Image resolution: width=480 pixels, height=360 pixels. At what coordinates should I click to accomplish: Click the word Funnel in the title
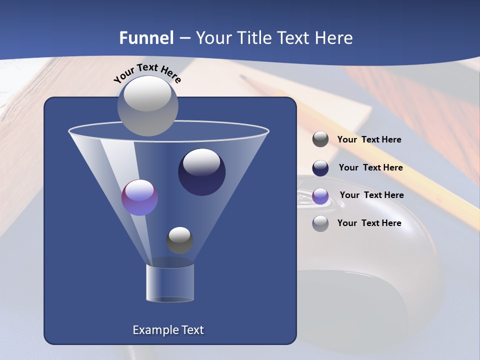click(146, 38)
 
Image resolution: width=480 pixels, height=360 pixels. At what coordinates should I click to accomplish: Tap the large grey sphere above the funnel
click(147, 105)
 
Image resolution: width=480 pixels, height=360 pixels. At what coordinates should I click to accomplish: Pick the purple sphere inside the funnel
click(139, 198)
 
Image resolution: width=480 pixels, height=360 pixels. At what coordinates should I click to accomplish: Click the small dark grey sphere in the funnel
click(179, 240)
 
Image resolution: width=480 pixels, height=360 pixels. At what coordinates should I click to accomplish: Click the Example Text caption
click(168, 330)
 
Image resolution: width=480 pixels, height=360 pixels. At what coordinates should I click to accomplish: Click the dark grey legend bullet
click(320, 139)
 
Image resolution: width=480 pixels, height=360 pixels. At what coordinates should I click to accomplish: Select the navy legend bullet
click(320, 168)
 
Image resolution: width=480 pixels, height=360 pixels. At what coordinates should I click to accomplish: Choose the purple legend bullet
click(320, 195)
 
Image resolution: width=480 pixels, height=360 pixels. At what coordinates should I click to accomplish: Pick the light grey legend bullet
click(320, 223)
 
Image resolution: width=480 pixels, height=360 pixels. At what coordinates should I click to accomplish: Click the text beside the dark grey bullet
click(369, 140)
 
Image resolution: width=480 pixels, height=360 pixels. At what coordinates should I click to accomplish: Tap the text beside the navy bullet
click(370, 167)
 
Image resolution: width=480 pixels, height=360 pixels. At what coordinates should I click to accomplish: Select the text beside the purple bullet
click(371, 195)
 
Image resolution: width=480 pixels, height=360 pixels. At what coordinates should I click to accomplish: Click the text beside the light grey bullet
click(369, 223)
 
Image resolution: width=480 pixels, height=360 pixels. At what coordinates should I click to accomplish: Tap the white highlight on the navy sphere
click(201, 162)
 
